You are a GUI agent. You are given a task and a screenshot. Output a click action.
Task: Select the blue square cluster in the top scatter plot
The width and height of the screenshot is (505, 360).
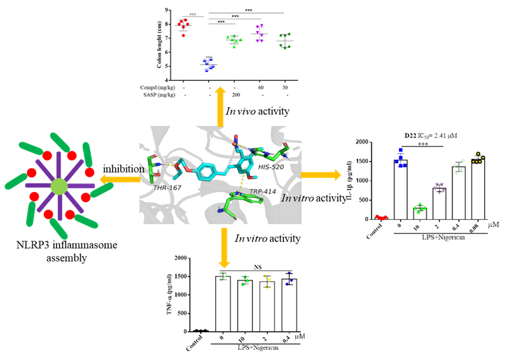point(208,64)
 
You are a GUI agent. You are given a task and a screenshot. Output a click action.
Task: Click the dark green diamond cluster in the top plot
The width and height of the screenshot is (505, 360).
point(285,40)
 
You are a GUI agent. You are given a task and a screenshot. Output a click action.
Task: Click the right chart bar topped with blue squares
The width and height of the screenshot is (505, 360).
point(402,189)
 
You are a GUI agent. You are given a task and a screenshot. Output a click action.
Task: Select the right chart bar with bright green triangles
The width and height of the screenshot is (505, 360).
point(420,212)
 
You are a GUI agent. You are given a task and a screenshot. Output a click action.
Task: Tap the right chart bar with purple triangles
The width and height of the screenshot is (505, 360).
point(440,203)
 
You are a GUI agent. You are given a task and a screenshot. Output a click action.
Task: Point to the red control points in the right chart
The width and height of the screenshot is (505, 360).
point(382,217)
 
